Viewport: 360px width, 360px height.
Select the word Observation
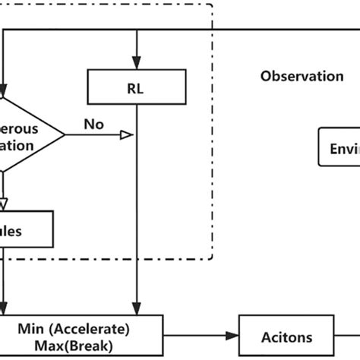tap(302, 76)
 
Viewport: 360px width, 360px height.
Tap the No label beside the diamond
tap(93, 124)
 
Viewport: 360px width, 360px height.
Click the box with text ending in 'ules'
tap(27, 229)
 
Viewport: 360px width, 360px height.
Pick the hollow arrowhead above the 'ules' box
tap(2, 204)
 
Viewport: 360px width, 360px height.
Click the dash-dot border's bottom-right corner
tap(212, 258)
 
